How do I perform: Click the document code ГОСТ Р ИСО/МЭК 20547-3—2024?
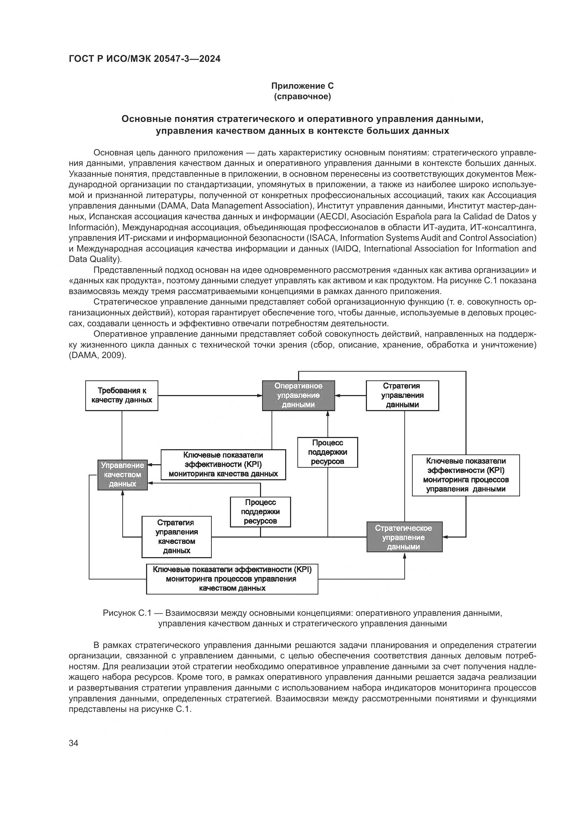tap(145, 59)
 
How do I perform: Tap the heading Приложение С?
tap(302, 86)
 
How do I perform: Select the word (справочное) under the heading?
tap(302, 97)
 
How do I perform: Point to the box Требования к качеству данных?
tap(122, 395)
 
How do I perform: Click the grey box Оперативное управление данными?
tap(298, 395)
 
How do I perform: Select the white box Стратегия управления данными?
tap(402, 395)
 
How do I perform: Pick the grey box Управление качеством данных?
tap(122, 475)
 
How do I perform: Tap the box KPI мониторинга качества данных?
tap(223, 464)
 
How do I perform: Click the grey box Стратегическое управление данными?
tap(404, 537)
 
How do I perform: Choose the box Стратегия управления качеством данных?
tap(176, 537)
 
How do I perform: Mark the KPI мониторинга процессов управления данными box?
tap(465, 475)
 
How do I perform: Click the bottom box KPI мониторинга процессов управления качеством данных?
tap(232, 579)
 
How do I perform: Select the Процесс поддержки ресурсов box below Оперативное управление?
tap(327, 452)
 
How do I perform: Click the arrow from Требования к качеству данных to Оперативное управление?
tap(210, 395)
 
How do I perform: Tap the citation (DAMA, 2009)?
tap(97, 356)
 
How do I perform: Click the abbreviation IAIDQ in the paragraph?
tap(347, 248)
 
